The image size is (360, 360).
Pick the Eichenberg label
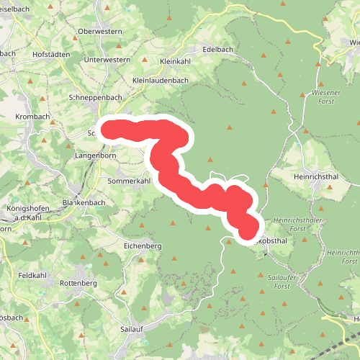(x=143, y=246)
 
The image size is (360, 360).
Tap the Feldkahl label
(x=33, y=276)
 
